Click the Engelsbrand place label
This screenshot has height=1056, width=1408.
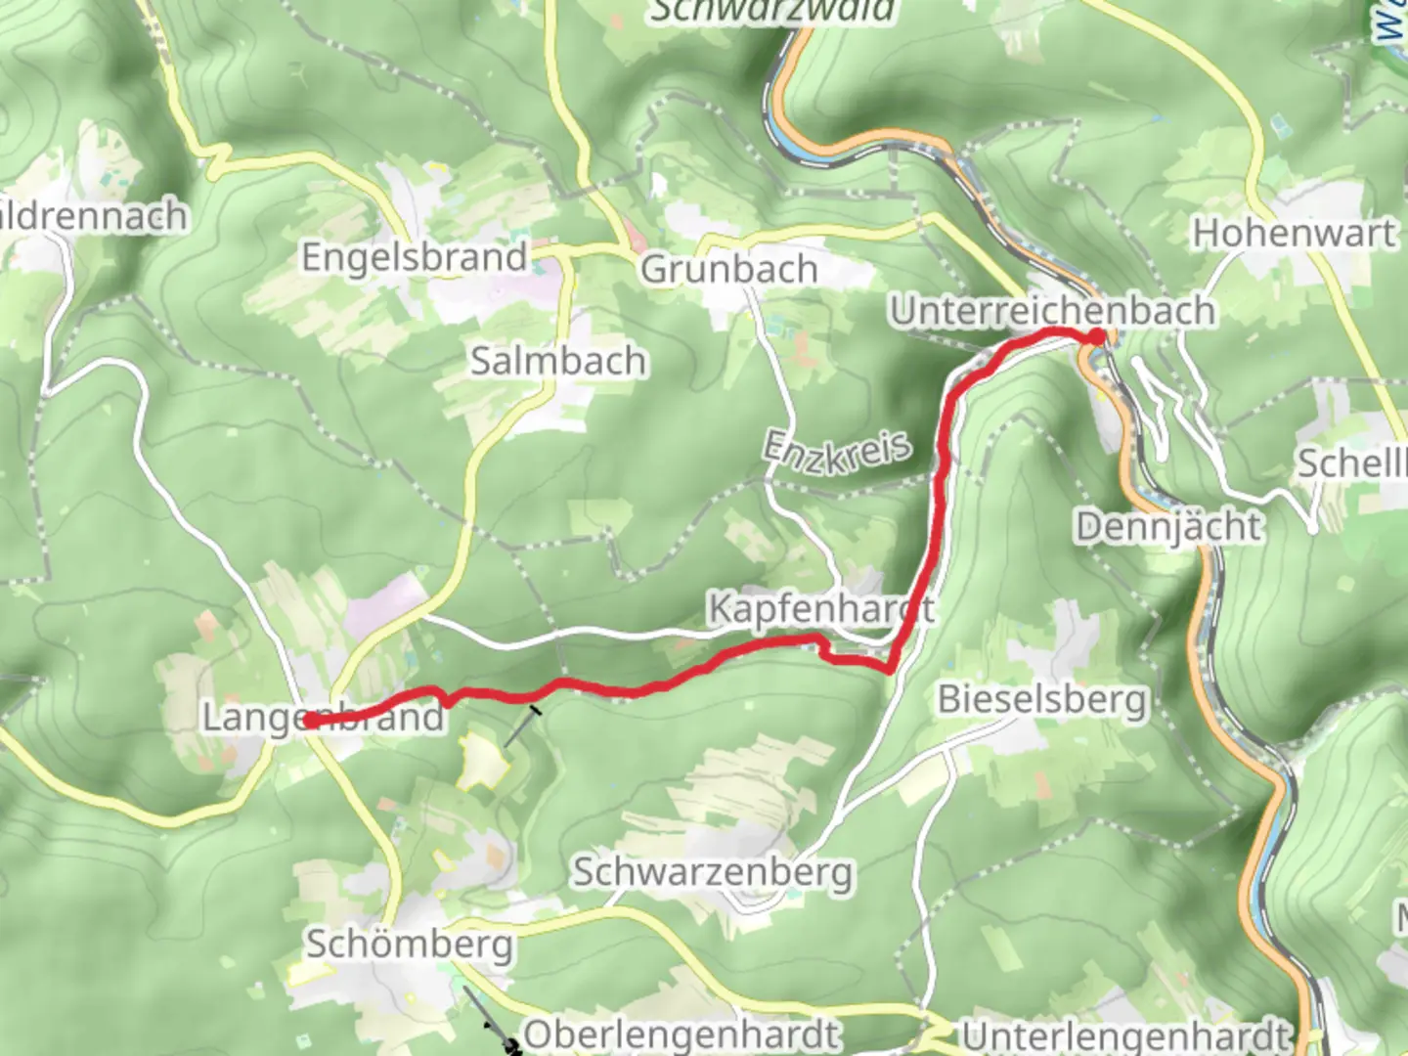pyautogui.click(x=415, y=258)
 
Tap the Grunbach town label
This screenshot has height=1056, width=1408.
pyautogui.click(x=728, y=269)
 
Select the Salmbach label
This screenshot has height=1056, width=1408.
pyautogui.click(x=558, y=361)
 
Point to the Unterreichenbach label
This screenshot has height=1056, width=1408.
pyautogui.click(x=1052, y=311)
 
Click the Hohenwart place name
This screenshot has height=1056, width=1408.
pyautogui.click(x=1294, y=234)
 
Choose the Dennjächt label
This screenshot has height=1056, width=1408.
pyautogui.click(x=1169, y=527)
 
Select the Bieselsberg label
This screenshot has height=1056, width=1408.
pyautogui.click(x=1041, y=700)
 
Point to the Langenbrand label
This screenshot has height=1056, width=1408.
pyautogui.click(x=323, y=718)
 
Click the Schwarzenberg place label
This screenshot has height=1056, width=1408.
pyautogui.click(x=713, y=871)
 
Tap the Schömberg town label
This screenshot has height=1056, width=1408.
pyautogui.click(x=409, y=945)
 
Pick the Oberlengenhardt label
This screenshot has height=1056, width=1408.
pyautogui.click(x=682, y=1034)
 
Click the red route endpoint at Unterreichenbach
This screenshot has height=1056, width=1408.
pyautogui.click(x=1096, y=337)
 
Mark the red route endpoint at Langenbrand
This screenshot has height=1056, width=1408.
pyautogui.click(x=309, y=722)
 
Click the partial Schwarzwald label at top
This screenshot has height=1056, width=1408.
pyautogui.click(x=772, y=11)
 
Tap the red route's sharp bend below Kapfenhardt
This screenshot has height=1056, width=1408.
pyautogui.click(x=889, y=671)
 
